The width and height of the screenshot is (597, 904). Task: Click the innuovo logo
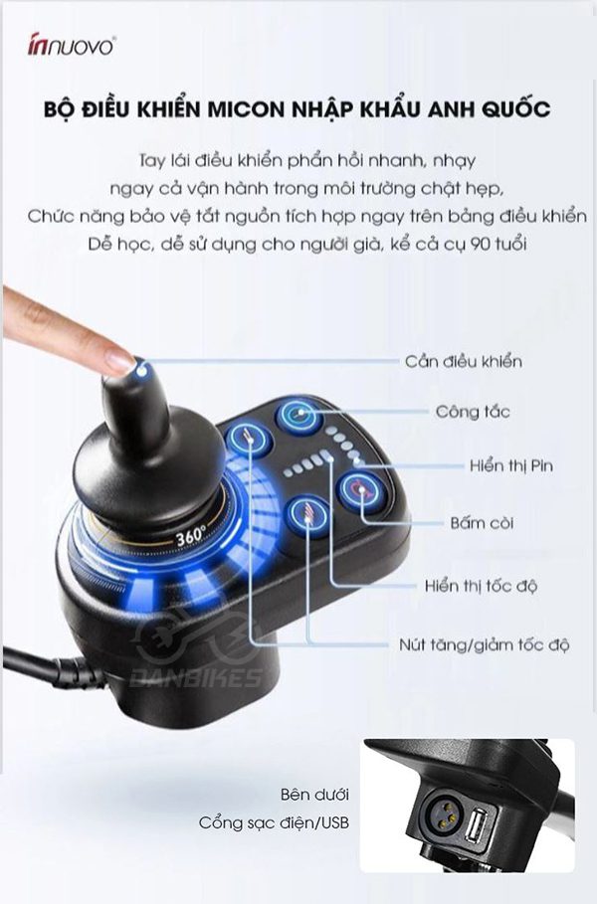tap(72, 46)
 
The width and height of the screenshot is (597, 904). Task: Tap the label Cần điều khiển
tap(464, 361)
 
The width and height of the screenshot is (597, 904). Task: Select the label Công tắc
tap(473, 412)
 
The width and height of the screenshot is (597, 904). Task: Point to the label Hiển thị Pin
tap(511, 465)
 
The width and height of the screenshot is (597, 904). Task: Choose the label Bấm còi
tap(482, 523)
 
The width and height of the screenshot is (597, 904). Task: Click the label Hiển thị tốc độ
tap(481, 587)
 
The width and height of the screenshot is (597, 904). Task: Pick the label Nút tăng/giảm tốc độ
tap(484, 644)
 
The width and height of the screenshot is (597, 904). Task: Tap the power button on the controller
tap(298, 415)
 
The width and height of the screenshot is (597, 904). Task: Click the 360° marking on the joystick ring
tap(191, 536)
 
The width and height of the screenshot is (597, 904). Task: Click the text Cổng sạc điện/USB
tap(274, 822)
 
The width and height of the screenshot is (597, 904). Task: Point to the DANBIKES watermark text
tap(196, 678)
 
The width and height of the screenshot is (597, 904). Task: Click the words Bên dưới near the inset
tap(315, 795)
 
